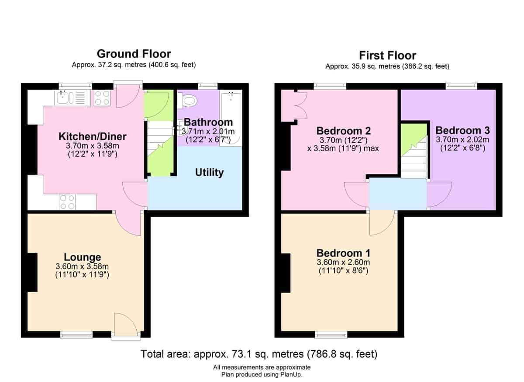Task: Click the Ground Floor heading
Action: point(134,54)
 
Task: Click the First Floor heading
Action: point(387,56)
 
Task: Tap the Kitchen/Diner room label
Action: point(93,137)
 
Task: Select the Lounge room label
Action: point(83,257)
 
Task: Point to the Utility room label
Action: point(209,172)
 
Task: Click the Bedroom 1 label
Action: point(343,253)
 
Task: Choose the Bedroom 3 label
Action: point(462,130)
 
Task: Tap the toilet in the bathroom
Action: point(187,101)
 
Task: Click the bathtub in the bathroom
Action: point(231,119)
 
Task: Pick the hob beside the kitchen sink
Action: point(102,98)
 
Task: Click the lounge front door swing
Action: point(126,324)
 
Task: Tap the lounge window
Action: point(76,335)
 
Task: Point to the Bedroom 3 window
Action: point(461,86)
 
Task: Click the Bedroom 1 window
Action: point(331,335)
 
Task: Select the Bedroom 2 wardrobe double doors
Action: point(301,106)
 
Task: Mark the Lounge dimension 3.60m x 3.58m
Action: point(82,266)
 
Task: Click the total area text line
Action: point(259,354)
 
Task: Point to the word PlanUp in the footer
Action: point(290,374)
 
